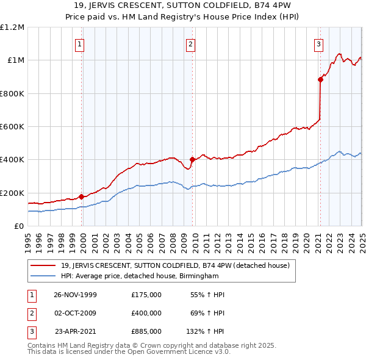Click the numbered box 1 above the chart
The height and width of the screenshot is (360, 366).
[81, 43]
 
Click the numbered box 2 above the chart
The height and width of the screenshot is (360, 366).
[190, 43]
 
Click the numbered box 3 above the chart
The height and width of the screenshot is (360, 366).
[318, 43]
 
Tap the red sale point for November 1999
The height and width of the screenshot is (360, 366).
[81, 196]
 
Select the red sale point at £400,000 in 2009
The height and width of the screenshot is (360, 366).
[192, 160]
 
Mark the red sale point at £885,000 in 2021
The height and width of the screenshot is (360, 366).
[320, 79]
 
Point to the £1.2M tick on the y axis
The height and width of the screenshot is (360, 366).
[12, 27]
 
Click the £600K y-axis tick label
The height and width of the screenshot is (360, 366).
[12, 127]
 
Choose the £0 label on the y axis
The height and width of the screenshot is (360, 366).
[18, 226]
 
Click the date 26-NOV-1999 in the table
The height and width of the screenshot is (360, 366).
[75, 295]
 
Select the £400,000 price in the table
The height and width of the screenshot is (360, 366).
[146, 313]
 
